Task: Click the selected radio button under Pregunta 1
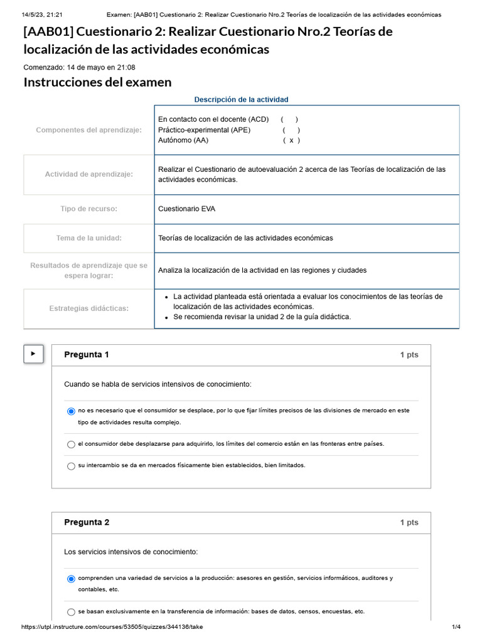[71, 411]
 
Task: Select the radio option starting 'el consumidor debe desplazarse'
[71, 445]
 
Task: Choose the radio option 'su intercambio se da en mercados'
[71, 466]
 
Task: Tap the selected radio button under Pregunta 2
[71, 579]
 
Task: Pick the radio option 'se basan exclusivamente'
[71, 612]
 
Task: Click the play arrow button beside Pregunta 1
[33, 354]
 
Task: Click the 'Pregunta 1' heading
[87, 355]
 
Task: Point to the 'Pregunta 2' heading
[87, 522]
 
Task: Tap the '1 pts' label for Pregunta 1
[409, 355]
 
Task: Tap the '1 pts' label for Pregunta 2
[409, 522]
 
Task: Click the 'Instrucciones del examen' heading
[97, 82]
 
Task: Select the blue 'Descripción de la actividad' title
[241, 100]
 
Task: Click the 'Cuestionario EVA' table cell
[186, 209]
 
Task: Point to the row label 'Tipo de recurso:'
[88, 209]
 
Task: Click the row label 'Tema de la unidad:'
[88, 238]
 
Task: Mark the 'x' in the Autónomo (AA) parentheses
[291, 140]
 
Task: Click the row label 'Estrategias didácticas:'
[88, 308]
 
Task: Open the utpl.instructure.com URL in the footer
[112, 627]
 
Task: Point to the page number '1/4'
[456, 627]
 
